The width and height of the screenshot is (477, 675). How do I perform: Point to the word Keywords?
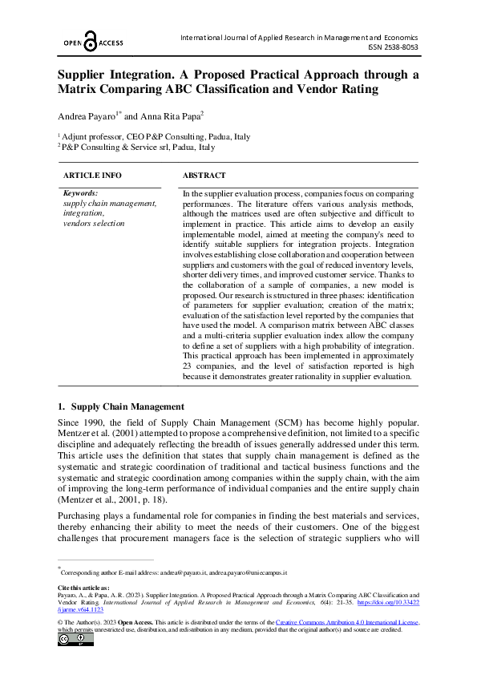(80, 193)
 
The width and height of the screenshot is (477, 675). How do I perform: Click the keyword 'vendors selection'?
(94, 223)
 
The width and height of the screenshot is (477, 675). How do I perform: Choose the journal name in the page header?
(304, 38)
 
